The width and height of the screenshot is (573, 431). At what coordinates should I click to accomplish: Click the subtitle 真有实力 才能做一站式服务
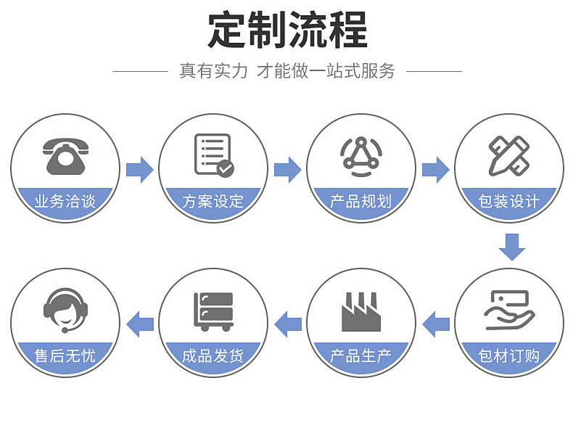(287, 71)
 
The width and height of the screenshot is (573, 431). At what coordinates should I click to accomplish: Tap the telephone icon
(65, 155)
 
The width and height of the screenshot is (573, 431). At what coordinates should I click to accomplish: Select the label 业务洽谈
(65, 201)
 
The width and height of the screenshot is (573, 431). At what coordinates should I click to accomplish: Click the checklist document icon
(213, 155)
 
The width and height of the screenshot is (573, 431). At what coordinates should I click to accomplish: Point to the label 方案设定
(213, 201)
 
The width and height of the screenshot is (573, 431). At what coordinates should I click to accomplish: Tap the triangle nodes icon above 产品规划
(361, 155)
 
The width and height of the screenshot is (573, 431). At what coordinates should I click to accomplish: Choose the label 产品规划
(361, 201)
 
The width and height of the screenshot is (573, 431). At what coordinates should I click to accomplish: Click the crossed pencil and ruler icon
(509, 155)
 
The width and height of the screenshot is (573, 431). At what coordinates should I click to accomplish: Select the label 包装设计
(509, 201)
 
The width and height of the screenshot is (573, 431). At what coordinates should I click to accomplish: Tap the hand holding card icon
(509, 310)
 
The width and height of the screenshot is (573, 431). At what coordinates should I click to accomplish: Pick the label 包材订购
(509, 356)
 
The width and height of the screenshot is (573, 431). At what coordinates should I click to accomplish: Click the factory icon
(361, 312)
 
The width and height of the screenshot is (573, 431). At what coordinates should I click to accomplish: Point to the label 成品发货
(213, 356)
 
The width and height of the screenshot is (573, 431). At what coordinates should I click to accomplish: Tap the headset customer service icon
(65, 310)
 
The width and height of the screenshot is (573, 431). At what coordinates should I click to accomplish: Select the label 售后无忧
(65, 356)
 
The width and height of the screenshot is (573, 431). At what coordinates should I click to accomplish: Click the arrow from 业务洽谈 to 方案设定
(139, 169)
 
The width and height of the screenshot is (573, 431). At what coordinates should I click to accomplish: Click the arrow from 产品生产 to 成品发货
(287, 323)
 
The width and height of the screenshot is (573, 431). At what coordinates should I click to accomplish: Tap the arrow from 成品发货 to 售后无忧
(139, 323)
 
